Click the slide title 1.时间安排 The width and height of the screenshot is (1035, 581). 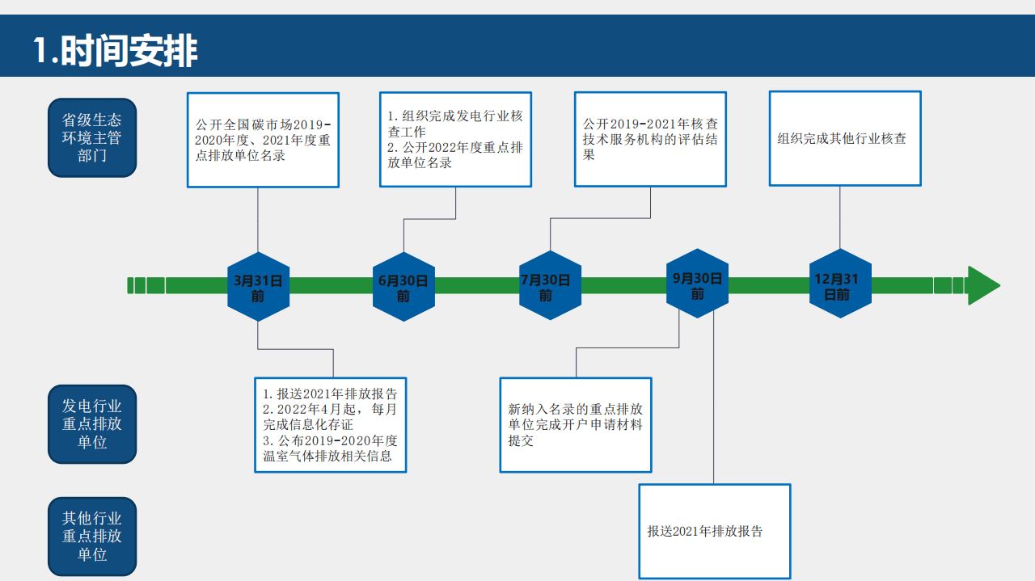(x=116, y=51)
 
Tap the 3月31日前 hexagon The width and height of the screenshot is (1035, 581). (x=258, y=288)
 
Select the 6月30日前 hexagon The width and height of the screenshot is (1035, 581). (x=403, y=288)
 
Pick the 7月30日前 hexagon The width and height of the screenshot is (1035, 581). (x=549, y=287)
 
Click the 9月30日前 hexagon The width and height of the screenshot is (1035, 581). (x=697, y=285)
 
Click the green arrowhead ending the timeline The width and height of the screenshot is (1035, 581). (x=982, y=285)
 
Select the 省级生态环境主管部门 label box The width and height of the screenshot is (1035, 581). (x=92, y=138)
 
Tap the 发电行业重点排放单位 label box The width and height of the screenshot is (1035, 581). (x=92, y=424)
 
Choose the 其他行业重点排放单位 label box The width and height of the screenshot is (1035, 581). (x=92, y=537)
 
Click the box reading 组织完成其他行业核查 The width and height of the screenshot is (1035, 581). (x=844, y=138)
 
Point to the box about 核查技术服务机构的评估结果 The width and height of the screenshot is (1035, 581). (x=650, y=139)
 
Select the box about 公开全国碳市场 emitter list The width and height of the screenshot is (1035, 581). (x=263, y=140)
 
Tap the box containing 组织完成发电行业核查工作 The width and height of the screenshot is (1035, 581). (x=455, y=124)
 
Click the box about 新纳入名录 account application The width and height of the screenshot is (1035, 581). (x=575, y=424)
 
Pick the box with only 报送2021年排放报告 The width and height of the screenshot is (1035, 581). (x=714, y=531)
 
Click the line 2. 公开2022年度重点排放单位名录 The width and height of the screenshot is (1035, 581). (x=455, y=155)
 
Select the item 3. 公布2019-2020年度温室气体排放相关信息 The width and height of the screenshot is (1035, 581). (x=330, y=448)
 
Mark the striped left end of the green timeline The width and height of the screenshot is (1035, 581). (x=146, y=285)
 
